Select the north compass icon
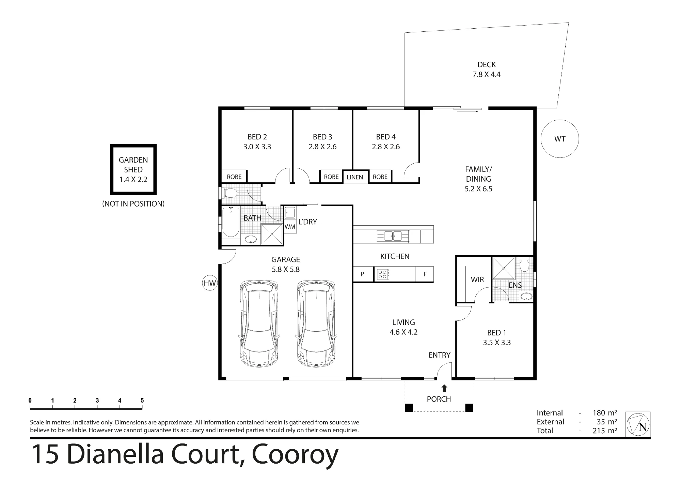638,424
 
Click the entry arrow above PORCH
444,388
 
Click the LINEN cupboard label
355,177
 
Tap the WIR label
477,280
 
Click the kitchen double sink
393,236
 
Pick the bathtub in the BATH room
231,222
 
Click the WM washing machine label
290,227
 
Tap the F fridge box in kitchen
425,274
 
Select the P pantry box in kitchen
363,274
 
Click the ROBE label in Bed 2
234,177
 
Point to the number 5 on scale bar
142,401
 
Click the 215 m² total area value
605,431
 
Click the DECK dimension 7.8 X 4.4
487,74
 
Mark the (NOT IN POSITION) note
133,204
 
